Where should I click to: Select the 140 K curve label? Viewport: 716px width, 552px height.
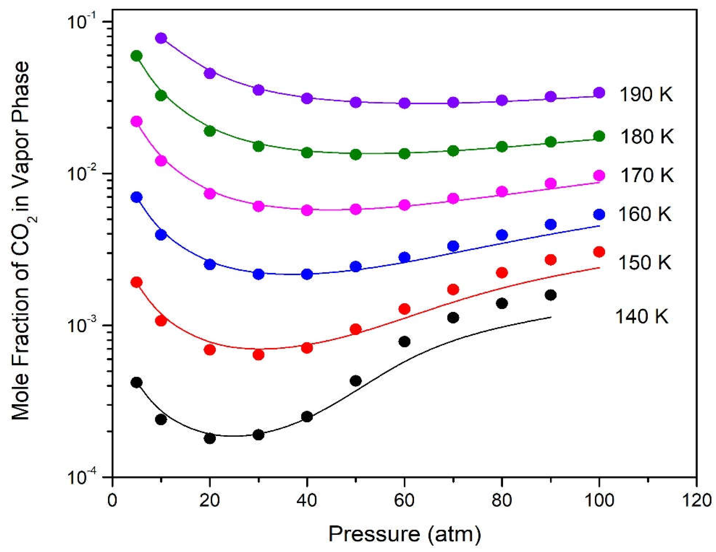click(x=641, y=316)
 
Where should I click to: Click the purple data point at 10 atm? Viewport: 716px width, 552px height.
click(x=161, y=38)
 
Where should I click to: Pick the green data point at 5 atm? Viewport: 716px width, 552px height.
click(x=136, y=56)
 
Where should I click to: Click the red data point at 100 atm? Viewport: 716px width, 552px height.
click(x=599, y=252)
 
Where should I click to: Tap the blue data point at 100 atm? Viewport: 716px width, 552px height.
click(x=599, y=214)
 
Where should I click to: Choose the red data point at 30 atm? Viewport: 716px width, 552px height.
click(x=258, y=354)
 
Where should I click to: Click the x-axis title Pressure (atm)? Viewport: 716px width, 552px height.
click(x=404, y=534)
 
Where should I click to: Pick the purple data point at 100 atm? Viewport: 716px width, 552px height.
click(x=599, y=93)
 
